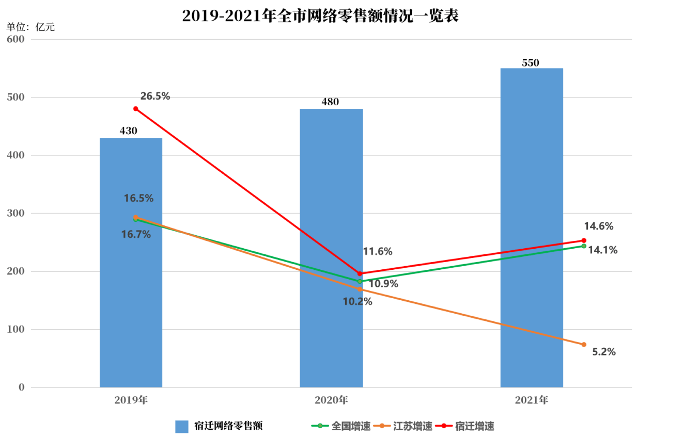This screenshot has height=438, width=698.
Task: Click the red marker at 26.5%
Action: coord(135,109)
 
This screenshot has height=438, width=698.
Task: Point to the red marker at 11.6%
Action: coord(360,274)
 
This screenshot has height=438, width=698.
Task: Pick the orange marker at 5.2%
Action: coord(584,345)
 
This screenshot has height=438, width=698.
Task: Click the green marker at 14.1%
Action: coord(584,246)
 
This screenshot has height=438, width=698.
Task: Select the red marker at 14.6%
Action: coord(584,240)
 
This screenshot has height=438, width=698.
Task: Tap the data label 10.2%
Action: coord(358,302)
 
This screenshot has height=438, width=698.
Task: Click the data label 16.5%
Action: coord(138,198)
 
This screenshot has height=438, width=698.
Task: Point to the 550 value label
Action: coord(531,63)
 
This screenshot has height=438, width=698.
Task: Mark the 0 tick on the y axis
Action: coord(21,387)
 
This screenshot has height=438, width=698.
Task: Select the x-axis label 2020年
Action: coord(331,400)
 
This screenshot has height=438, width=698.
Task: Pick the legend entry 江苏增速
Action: coord(412,426)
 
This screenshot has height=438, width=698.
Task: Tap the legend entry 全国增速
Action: coord(351,426)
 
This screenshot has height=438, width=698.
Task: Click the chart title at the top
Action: coord(320,16)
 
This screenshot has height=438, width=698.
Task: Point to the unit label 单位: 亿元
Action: coord(30,27)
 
